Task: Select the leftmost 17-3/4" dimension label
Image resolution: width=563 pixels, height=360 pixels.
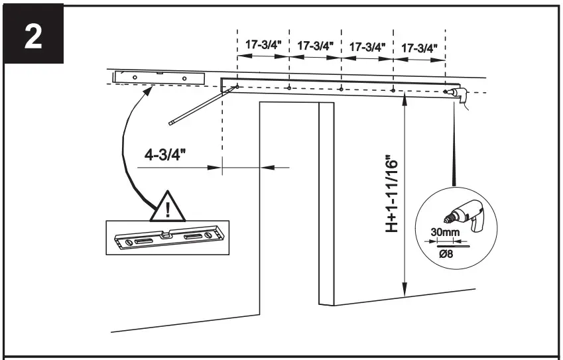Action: pyautogui.click(x=263, y=46)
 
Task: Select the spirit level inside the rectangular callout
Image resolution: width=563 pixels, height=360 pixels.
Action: pyautogui.click(x=166, y=237)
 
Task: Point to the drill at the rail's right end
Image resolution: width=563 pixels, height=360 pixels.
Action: pyautogui.click(x=457, y=95)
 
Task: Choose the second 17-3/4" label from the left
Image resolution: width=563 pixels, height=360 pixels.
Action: pyautogui.click(x=315, y=46)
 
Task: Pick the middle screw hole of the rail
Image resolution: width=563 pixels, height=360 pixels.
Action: pyautogui.click(x=340, y=88)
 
